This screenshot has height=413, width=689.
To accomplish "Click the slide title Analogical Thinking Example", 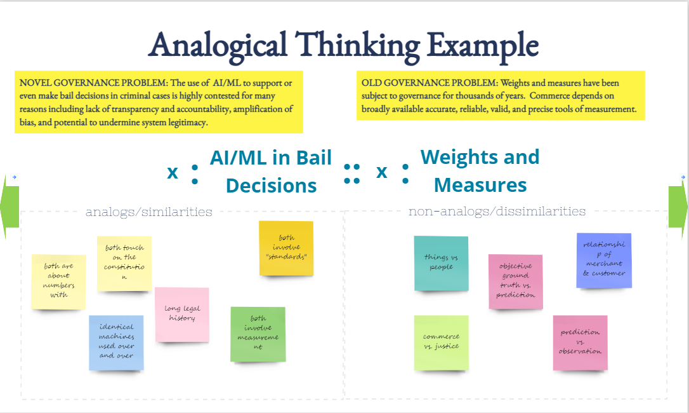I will point(343,45).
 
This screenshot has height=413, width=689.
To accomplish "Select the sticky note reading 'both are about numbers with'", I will point(58,281).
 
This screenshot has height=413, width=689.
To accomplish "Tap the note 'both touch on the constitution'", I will point(124,263).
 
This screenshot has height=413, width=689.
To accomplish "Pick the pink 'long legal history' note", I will point(182,314).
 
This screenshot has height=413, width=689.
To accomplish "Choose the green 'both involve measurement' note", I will point(258,333).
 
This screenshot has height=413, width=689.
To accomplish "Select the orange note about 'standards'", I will point(286,248).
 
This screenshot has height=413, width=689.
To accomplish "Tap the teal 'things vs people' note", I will point(441,263).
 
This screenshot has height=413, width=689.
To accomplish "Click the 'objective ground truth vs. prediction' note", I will point(515,281).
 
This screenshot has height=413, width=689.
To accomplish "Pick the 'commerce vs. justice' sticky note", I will point(441,342).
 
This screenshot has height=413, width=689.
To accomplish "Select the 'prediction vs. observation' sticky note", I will point(580,342).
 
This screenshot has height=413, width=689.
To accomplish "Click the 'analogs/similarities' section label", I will point(149,212).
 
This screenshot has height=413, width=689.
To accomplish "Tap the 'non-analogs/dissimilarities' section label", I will point(497,211).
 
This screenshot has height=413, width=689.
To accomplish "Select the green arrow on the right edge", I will point(678,207).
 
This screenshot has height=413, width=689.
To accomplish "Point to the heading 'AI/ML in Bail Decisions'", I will point(271,172).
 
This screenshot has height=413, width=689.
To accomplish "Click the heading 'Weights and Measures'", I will point(480,171).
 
